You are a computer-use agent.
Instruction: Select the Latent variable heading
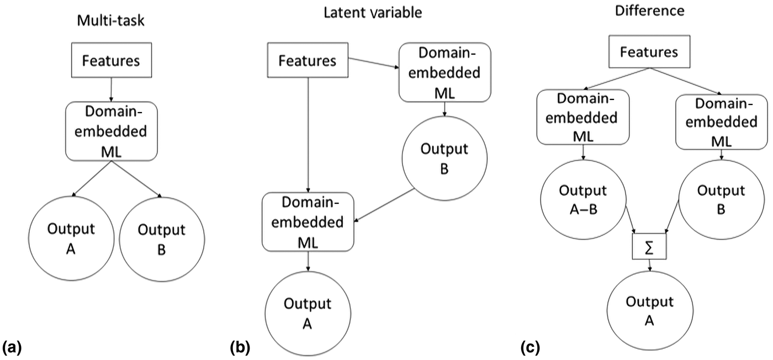click(x=373, y=12)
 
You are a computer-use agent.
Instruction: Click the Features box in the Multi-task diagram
click(x=112, y=60)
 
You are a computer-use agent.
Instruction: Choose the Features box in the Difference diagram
click(x=649, y=52)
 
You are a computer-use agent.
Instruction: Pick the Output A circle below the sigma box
click(x=649, y=310)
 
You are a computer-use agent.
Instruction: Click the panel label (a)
click(x=12, y=348)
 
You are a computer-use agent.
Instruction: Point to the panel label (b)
click(x=240, y=348)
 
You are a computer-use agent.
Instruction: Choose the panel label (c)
click(x=531, y=348)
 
